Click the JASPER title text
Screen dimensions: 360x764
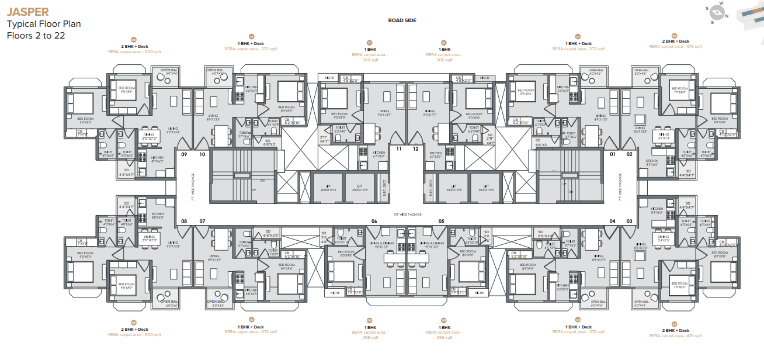point(27,12)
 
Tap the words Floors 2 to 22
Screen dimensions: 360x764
point(36,35)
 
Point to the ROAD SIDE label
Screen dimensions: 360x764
point(401,20)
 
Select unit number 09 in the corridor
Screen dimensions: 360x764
point(184,155)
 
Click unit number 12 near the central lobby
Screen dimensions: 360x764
point(416,149)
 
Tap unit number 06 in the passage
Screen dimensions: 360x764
point(374,221)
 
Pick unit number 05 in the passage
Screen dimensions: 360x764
point(442,221)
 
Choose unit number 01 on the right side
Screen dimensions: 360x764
point(613,155)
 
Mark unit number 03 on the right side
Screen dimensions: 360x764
point(630,221)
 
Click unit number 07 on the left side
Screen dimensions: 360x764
point(202,221)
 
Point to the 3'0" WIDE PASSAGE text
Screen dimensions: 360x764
point(408,214)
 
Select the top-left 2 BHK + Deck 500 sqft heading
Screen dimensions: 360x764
point(133,46)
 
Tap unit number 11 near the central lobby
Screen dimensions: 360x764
point(400,149)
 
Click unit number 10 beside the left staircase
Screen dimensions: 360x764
point(202,155)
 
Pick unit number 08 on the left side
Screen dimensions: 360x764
point(184,221)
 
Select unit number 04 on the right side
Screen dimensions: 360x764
point(613,221)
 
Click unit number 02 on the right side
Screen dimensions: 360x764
point(630,155)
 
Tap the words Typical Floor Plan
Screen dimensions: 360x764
point(44,24)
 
